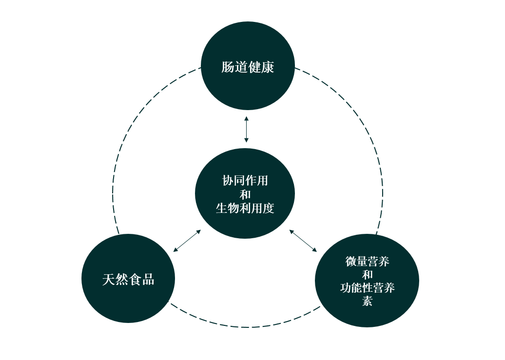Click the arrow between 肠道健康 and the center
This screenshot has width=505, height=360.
point(247,130)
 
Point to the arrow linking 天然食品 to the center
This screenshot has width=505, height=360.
point(187,241)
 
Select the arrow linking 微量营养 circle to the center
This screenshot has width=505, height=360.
point(303,241)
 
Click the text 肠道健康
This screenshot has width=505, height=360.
point(248,67)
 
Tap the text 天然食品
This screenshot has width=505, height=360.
point(128,280)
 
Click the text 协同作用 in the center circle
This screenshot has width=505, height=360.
point(245,180)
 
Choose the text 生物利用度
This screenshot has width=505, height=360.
point(245,208)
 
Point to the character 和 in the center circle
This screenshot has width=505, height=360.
point(245,194)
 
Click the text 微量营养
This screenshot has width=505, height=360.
point(367,261)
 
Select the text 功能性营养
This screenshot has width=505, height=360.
point(367,288)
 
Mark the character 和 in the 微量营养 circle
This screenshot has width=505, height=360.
point(367,274)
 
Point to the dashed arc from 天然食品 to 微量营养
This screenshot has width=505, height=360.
point(247,327)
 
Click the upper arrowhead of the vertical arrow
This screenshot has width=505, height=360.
point(247,118)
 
